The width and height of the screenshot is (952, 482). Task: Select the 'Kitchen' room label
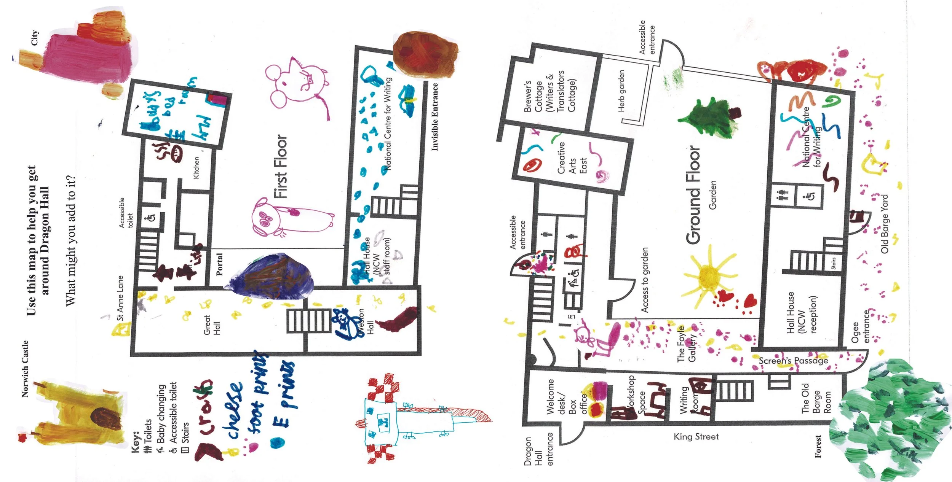pos(196,168)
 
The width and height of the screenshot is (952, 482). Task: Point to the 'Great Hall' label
pos(212,325)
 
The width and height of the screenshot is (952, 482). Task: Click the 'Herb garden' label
pos(621,91)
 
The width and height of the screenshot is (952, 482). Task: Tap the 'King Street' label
pos(696,436)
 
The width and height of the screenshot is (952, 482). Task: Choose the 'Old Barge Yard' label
pos(885,224)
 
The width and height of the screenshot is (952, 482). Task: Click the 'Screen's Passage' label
pos(793,360)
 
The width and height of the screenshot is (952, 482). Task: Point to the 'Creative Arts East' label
pos(572,158)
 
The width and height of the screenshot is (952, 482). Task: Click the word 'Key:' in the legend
pos(136,442)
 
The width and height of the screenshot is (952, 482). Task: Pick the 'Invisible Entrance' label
pos(434,117)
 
